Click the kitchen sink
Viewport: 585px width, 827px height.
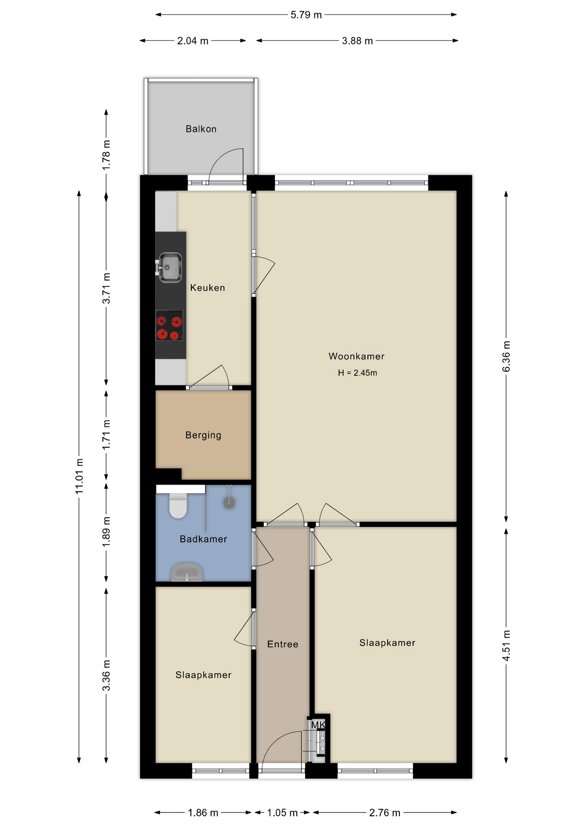(x=170, y=267)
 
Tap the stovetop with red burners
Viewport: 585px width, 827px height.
(x=169, y=328)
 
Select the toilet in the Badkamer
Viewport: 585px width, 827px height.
(x=178, y=505)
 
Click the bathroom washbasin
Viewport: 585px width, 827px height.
(x=187, y=572)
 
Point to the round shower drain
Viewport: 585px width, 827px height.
(x=229, y=502)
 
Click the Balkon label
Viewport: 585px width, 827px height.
(x=201, y=129)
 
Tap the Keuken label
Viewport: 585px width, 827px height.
(x=208, y=288)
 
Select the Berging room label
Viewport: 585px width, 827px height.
(x=203, y=435)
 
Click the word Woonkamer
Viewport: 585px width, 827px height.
(x=356, y=356)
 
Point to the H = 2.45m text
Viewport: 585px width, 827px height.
(x=357, y=373)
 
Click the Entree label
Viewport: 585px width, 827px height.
(x=283, y=644)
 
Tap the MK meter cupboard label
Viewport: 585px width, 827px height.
(x=318, y=725)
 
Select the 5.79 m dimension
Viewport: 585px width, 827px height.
(x=306, y=15)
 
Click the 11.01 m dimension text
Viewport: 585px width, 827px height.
(x=79, y=476)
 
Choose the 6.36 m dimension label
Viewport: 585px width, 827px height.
(x=506, y=356)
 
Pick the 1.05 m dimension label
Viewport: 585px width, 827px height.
(x=282, y=813)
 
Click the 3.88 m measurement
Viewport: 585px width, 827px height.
(x=357, y=41)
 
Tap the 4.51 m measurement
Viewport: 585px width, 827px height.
(x=506, y=645)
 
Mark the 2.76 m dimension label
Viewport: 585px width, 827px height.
(x=385, y=813)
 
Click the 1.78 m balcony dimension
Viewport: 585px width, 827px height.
(x=106, y=154)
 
